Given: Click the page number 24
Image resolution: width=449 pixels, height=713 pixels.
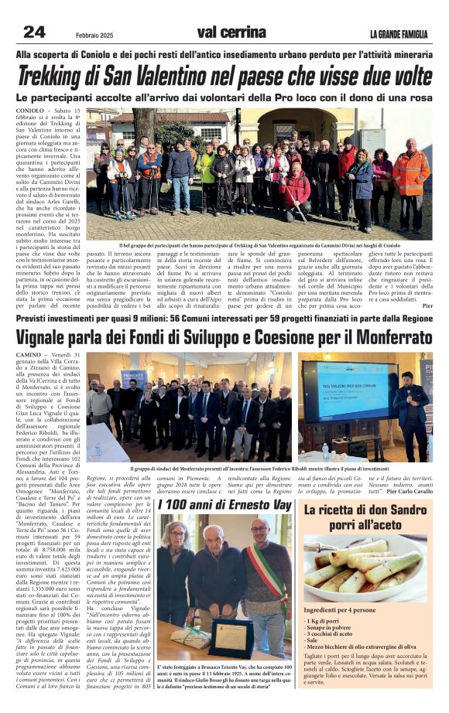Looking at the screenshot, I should pos(34,32).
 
